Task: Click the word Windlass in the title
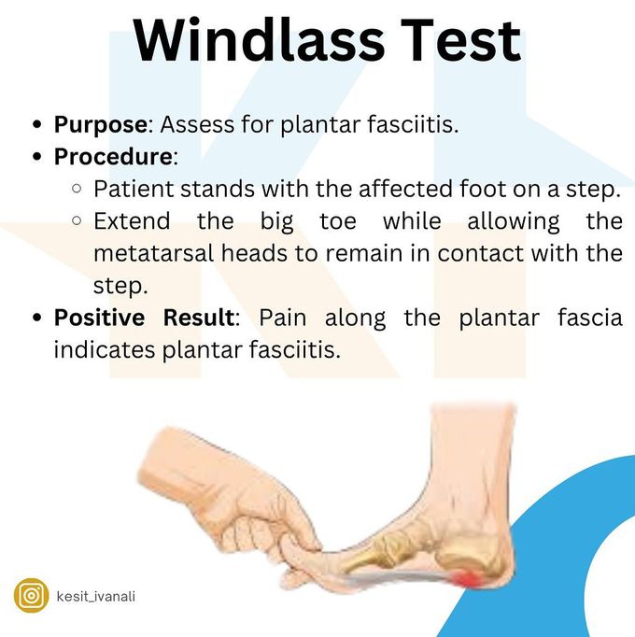(259, 40)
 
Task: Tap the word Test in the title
(460, 40)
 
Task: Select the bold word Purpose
(101, 125)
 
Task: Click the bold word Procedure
(113, 156)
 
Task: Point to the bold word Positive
(100, 318)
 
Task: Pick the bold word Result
(199, 318)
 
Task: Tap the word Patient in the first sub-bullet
(134, 189)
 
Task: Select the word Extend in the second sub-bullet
(132, 221)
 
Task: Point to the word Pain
(283, 318)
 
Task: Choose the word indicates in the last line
(105, 349)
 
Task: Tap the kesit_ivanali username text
(96, 597)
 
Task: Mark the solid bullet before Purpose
(37, 124)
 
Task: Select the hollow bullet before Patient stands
(77, 189)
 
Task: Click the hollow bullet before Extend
(77, 220)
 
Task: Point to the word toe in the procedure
(338, 221)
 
